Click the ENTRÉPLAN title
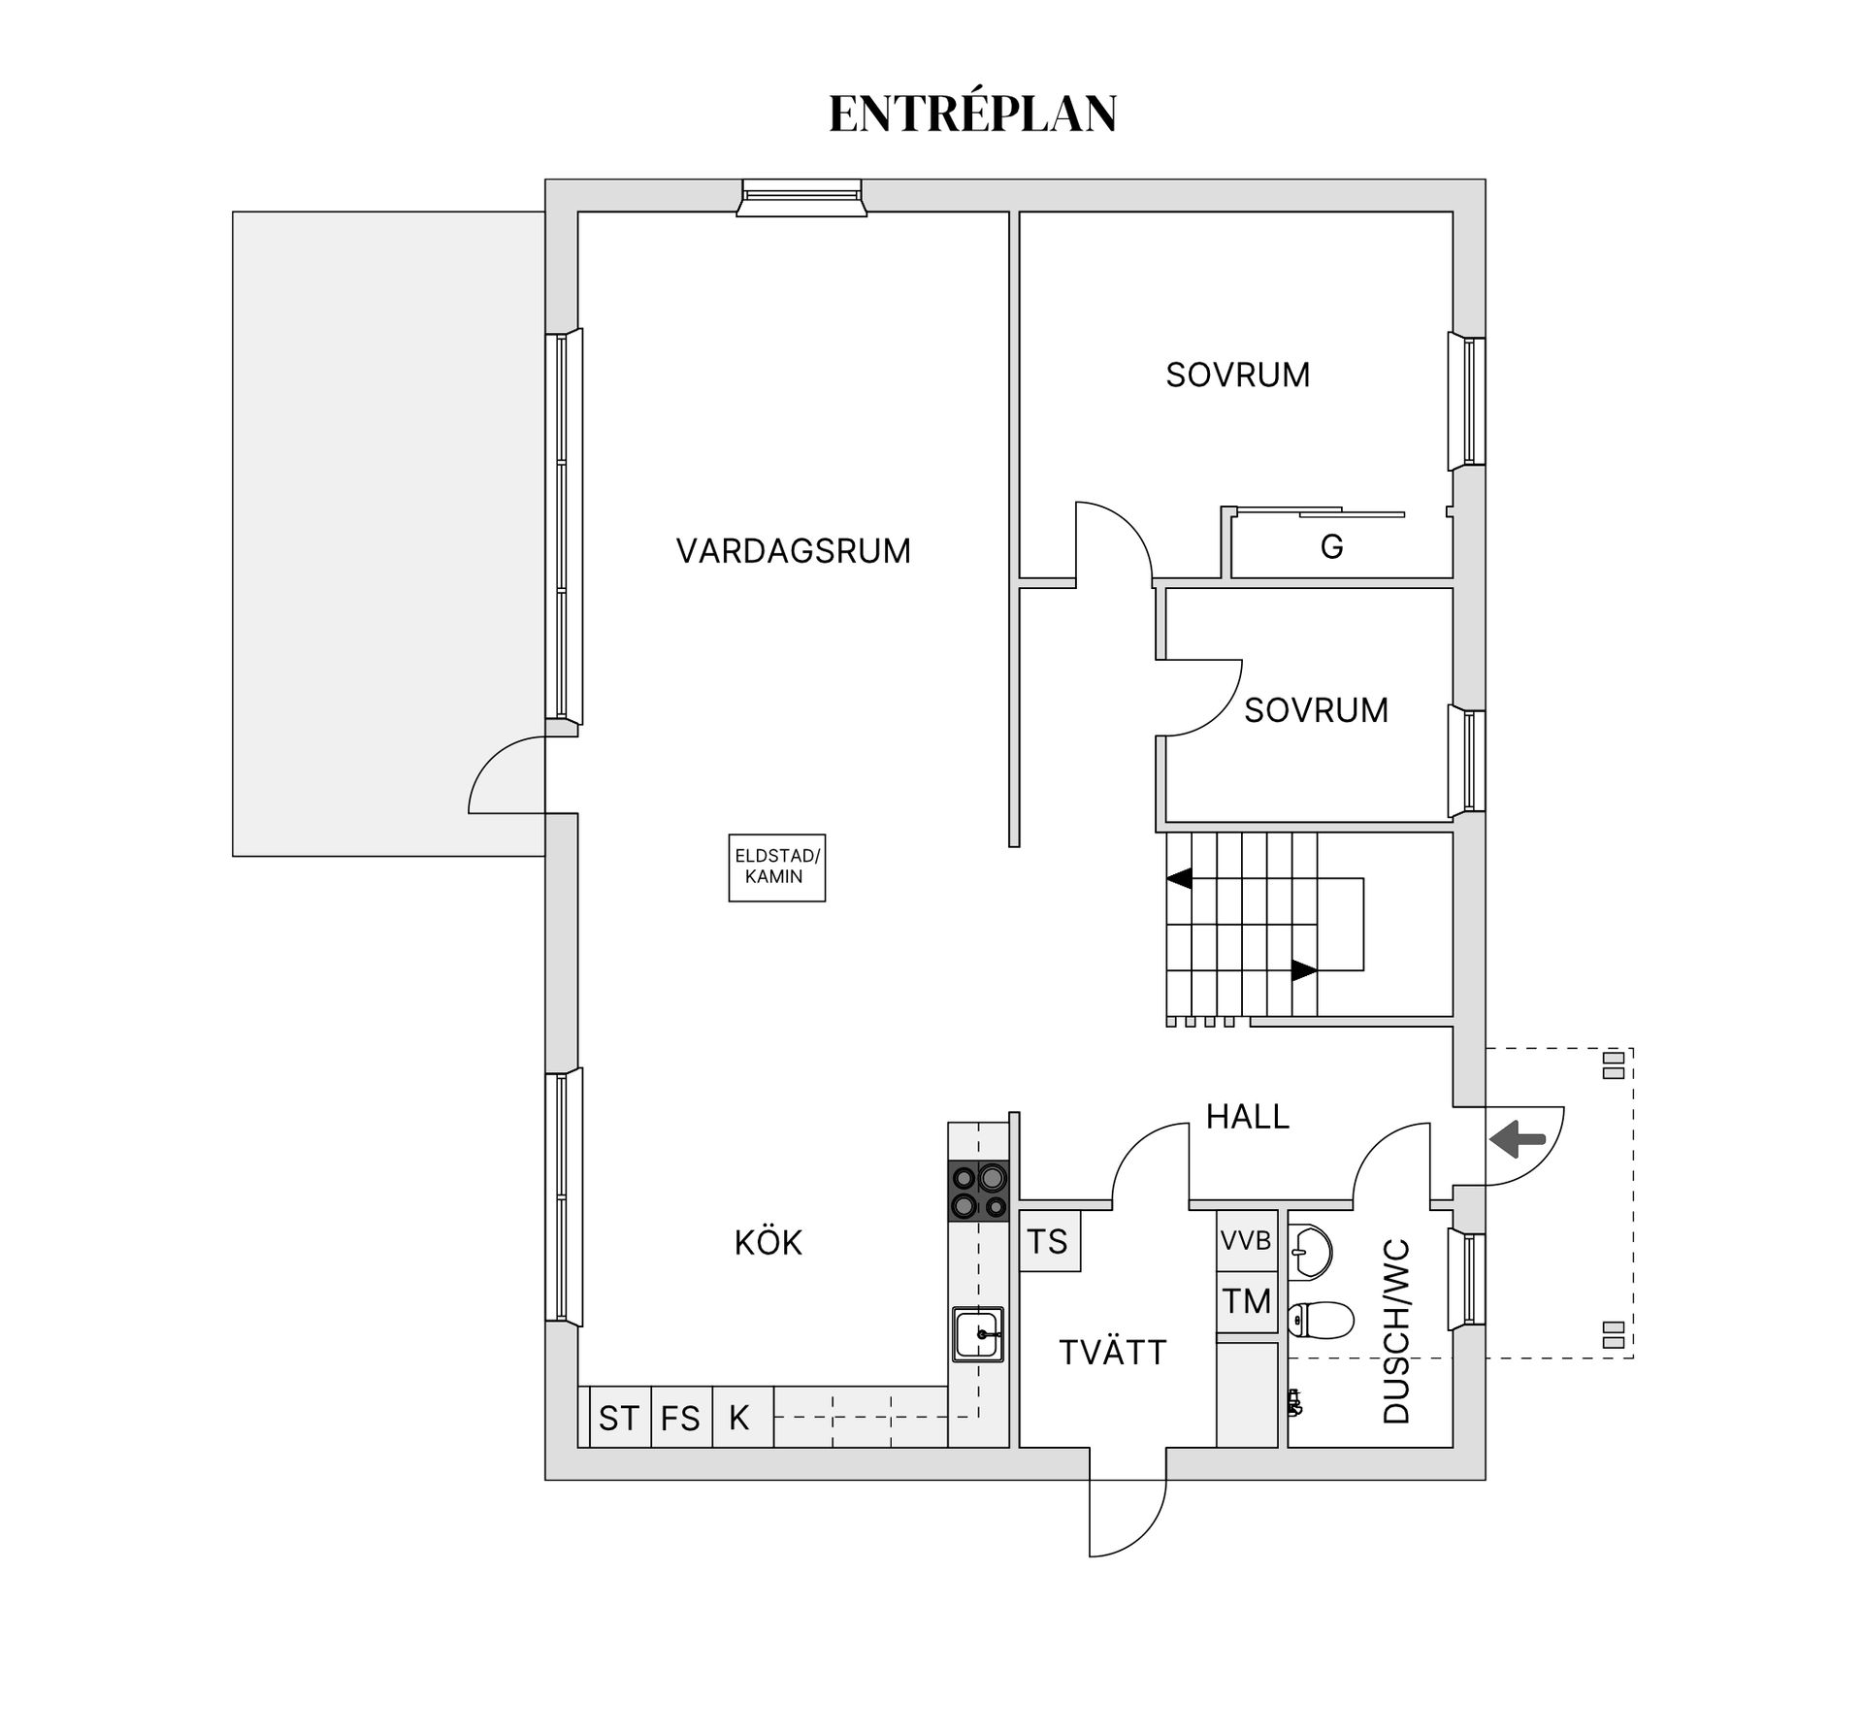click(x=972, y=114)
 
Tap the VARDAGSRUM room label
click(x=793, y=551)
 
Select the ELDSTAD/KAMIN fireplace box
click(x=777, y=867)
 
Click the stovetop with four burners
click(x=978, y=1192)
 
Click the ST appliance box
click(x=619, y=1419)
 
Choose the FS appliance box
click(x=680, y=1419)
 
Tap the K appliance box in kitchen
click(x=740, y=1418)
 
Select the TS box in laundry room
click(x=1048, y=1241)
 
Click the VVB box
click(x=1246, y=1241)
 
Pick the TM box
click(x=1247, y=1301)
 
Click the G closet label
click(x=1331, y=547)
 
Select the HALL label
click(x=1247, y=1117)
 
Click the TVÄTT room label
click(x=1112, y=1353)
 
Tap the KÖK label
click(x=768, y=1243)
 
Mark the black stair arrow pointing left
click(x=1179, y=879)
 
